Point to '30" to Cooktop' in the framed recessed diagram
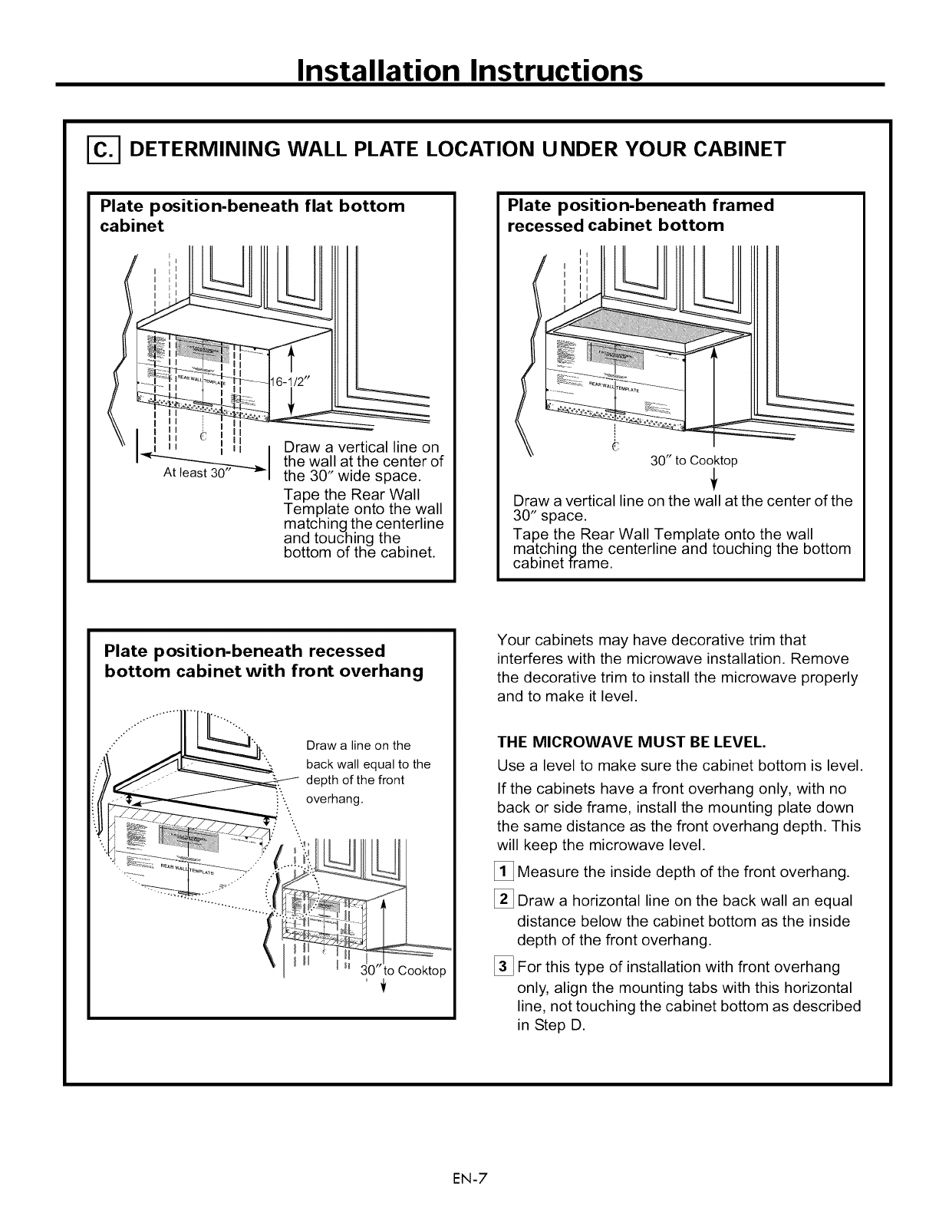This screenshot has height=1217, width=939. click(694, 460)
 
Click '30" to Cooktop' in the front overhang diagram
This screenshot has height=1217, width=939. click(404, 971)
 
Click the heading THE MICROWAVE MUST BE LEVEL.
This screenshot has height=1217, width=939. click(631, 743)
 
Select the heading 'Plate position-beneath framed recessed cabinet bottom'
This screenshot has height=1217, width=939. click(641, 215)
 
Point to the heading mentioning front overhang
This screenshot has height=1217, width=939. click(263, 661)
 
